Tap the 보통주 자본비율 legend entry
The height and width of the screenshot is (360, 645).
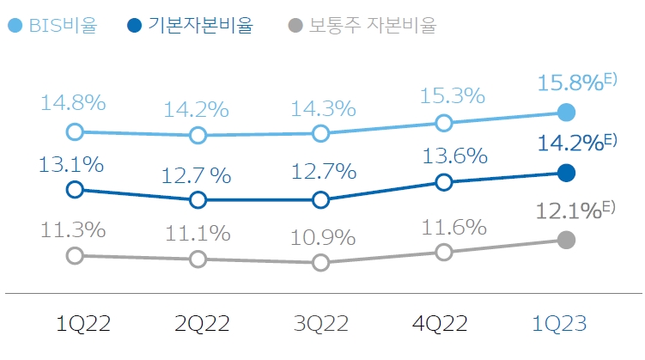click(361, 26)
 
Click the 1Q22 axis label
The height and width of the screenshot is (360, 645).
click(82, 324)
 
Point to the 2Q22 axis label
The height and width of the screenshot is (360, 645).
click(202, 324)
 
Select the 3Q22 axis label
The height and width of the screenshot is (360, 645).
click(321, 324)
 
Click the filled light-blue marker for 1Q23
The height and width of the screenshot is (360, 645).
click(566, 112)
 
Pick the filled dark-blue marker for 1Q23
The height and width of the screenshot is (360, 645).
click(566, 173)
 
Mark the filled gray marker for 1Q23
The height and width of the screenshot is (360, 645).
click(566, 240)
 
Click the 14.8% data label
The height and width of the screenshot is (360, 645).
click(73, 103)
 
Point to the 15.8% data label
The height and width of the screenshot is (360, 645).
click(571, 82)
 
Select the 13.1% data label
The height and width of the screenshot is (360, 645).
click(71, 162)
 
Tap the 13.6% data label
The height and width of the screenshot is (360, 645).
click(455, 156)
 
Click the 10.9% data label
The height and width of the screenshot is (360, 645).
click(324, 235)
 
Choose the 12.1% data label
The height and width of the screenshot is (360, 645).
click(569, 210)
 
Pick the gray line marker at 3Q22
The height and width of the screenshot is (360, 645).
click(320, 262)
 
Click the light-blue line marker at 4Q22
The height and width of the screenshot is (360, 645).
click(444, 123)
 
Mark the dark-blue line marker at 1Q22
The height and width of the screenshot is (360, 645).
click(75, 189)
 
